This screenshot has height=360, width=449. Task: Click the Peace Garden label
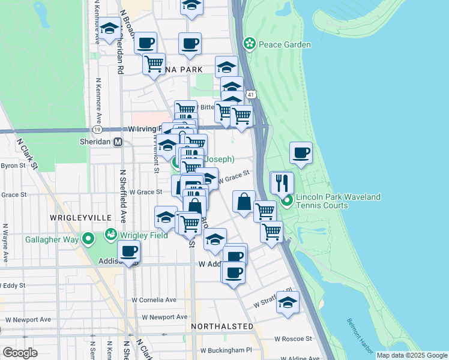(x=285, y=44)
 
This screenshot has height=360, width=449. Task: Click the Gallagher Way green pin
(x=88, y=239)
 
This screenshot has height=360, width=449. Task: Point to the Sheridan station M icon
(x=118, y=142)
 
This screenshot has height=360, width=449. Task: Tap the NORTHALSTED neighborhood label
(x=222, y=326)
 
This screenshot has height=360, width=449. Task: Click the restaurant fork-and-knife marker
(x=282, y=182)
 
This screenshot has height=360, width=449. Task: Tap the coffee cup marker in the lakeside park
(x=301, y=152)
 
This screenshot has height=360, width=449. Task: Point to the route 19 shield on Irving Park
(x=97, y=129)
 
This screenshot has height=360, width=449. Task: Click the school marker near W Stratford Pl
(x=288, y=302)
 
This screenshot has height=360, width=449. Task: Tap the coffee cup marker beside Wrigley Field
(x=128, y=251)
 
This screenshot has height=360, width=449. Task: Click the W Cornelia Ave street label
(x=155, y=299)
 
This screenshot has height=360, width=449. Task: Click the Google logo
(x=20, y=353)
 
